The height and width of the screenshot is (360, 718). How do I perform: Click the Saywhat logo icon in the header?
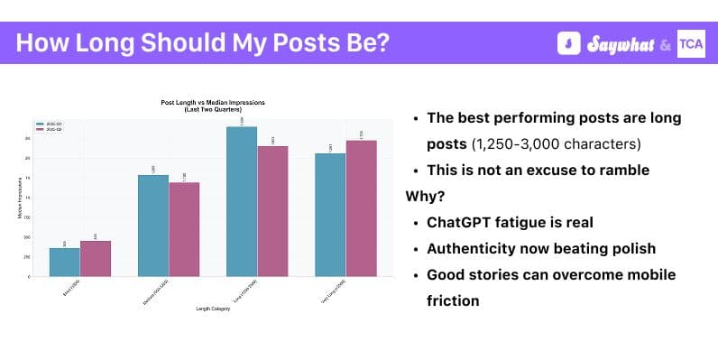click(x=568, y=43)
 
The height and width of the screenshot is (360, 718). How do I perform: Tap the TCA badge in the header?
click(x=691, y=43)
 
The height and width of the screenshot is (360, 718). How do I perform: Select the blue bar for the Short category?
click(x=64, y=262)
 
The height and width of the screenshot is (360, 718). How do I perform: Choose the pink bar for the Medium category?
click(x=184, y=229)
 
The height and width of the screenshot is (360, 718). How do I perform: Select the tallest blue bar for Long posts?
click(x=242, y=201)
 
